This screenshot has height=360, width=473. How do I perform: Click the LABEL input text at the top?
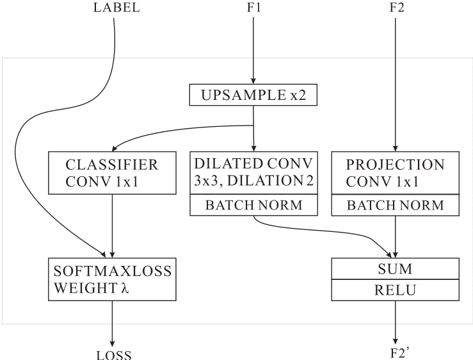point(116,8)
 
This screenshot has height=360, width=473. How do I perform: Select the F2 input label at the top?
point(397,8)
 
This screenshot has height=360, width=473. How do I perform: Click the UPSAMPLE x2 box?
point(254,95)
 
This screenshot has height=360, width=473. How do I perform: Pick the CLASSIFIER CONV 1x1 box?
point(113,172)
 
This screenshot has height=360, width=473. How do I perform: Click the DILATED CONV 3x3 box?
point(254,172)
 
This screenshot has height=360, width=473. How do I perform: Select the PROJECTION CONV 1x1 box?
point(395,172)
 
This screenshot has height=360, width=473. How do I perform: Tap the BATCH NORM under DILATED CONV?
point(254,205)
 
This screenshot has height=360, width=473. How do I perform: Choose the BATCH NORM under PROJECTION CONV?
point(395,205)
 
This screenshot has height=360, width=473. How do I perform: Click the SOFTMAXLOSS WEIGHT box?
point(113,279)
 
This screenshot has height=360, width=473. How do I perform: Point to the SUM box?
point(395,268)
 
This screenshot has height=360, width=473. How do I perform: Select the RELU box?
point(395,290)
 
